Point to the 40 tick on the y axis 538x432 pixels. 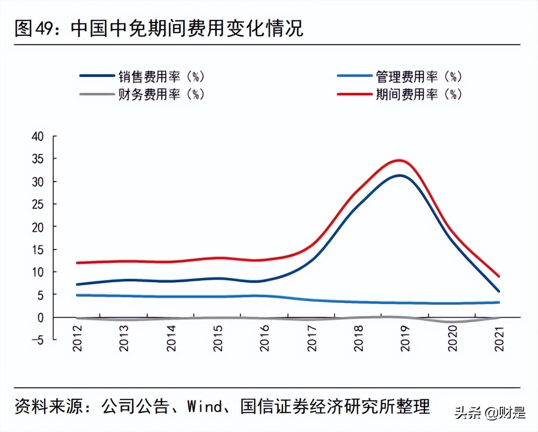tap(37, 136)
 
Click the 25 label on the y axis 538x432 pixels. tap(37, 204)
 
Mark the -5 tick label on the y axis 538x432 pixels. tap(37, 339)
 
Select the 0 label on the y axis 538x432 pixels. tap(40, 318)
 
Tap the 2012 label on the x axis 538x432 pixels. tap(77, 338)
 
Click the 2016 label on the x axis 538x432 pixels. tap(265, 338)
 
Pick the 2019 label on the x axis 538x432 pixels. tap(405, 338)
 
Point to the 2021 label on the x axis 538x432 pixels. tap(499, 338)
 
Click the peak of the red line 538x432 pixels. tap(400, 160)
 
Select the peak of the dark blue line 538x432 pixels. tap(400, 176)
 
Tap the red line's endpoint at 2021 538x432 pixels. tap(498, 276)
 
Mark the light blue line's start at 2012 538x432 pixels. tap(77, 295)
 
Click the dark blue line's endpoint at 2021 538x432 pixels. tap(498, 291)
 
